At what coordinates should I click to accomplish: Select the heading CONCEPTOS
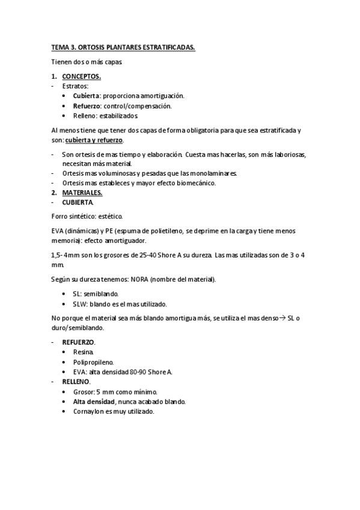[82, 76]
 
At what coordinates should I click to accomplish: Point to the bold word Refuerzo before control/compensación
[87, 106]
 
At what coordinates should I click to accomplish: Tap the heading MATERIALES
[82, 192]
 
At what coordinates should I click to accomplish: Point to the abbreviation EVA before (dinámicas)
[58, 231]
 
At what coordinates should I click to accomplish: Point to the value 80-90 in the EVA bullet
[139, 372]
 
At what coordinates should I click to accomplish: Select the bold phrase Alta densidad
[93, 401]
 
